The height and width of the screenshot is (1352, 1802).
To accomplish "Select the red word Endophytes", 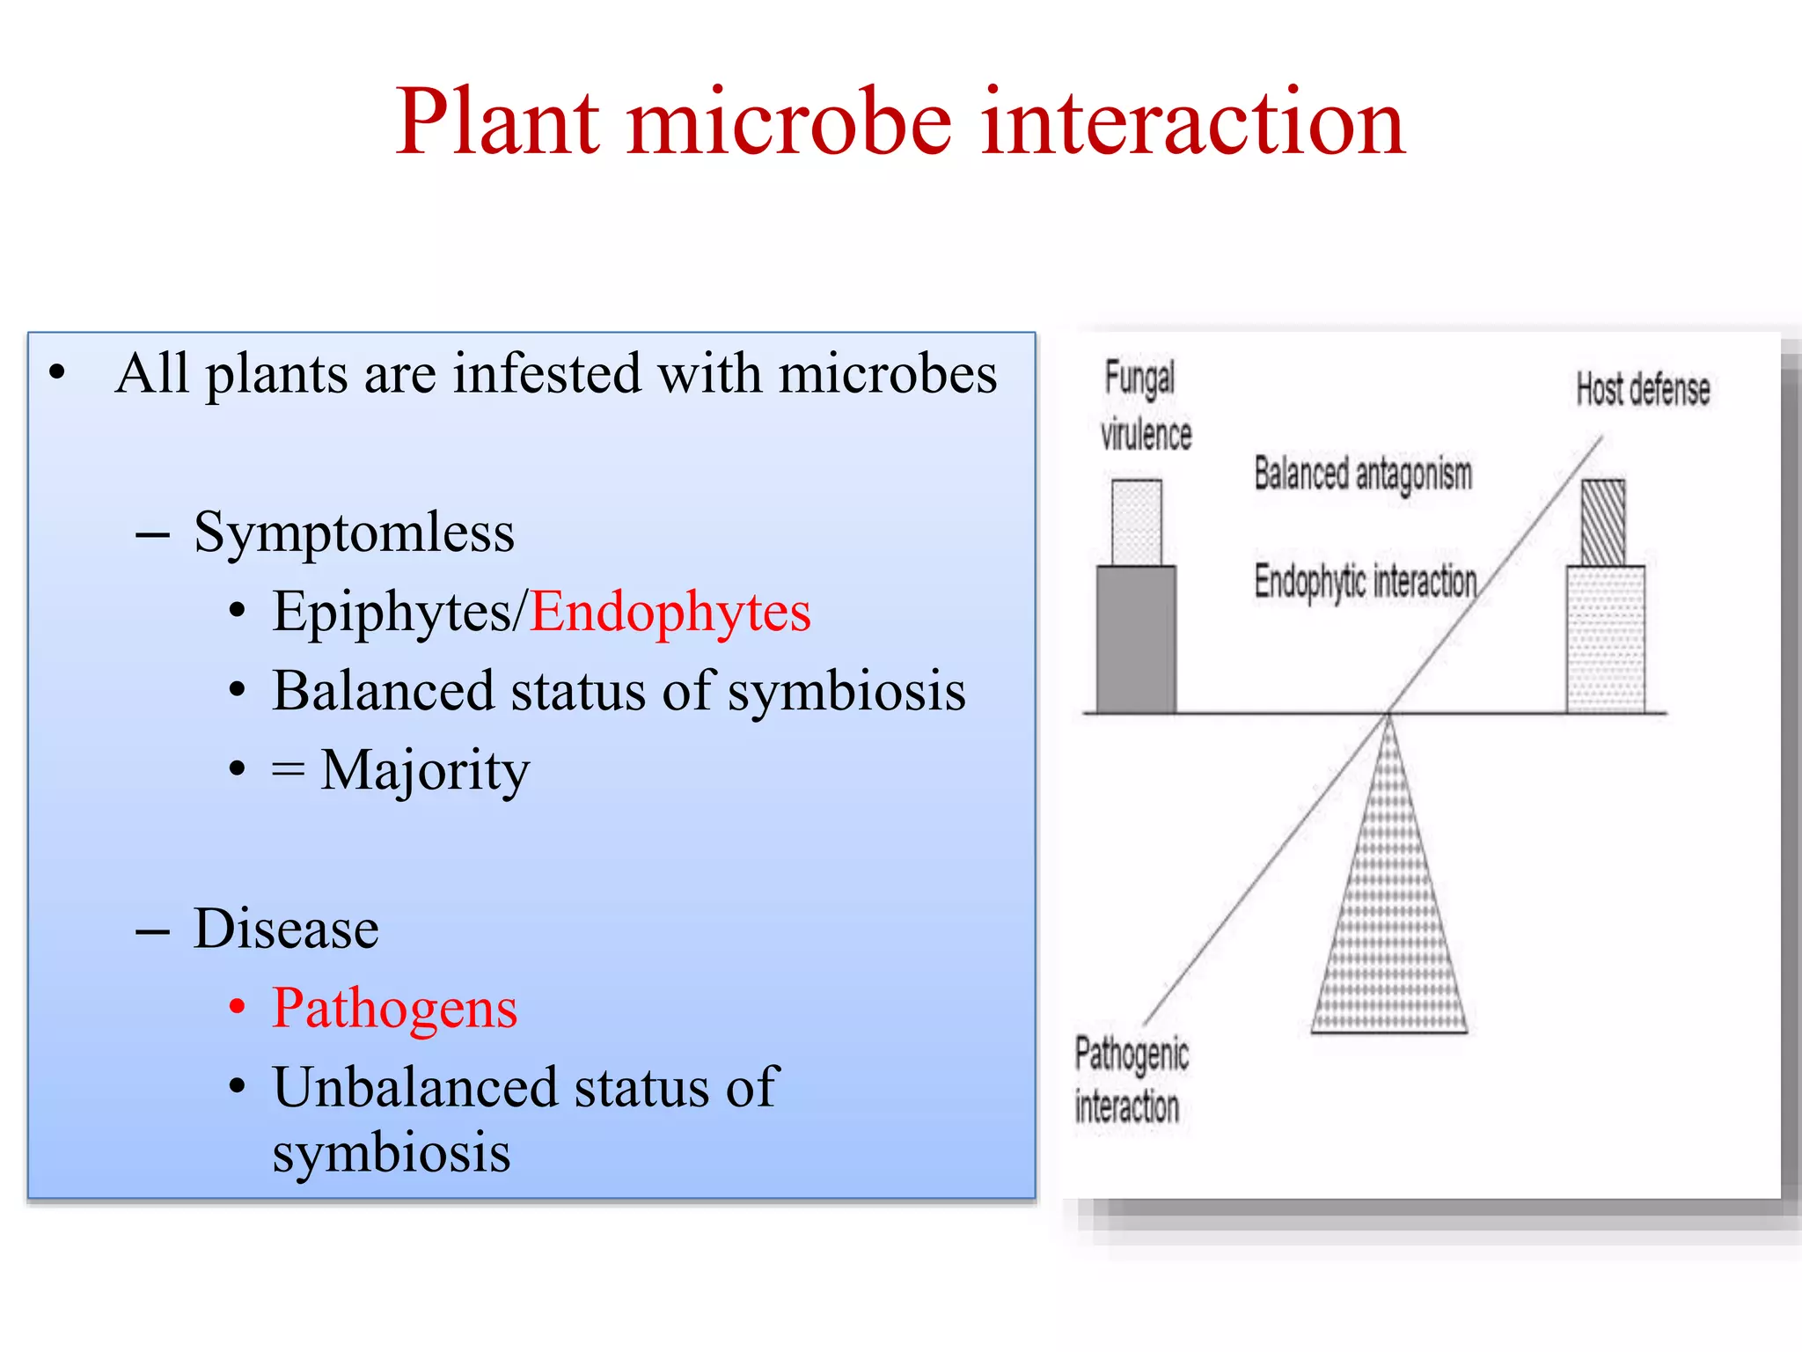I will coord(670,613).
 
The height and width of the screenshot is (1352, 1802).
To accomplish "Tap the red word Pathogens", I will coord(394,1009).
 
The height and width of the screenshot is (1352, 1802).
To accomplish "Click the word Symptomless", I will coord(354,533).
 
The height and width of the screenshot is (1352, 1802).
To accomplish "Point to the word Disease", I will coord(286,929).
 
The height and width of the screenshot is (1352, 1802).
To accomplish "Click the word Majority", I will coord(425,771).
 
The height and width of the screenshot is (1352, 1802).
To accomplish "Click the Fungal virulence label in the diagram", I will coord(1144,406).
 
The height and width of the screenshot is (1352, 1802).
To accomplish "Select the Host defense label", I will coord(1642,390).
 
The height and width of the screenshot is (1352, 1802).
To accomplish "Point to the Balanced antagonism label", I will coord(1362,474).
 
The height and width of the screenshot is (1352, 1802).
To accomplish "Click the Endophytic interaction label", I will coord(1365,582).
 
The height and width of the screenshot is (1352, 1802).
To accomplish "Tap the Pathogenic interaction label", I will coord(1131,1080).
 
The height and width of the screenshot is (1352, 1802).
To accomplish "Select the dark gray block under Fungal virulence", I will coord(1136,639).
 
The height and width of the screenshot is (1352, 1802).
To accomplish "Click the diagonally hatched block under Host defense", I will coord(1603,523).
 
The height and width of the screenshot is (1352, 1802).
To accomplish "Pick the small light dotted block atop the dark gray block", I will coord(1136,523).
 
